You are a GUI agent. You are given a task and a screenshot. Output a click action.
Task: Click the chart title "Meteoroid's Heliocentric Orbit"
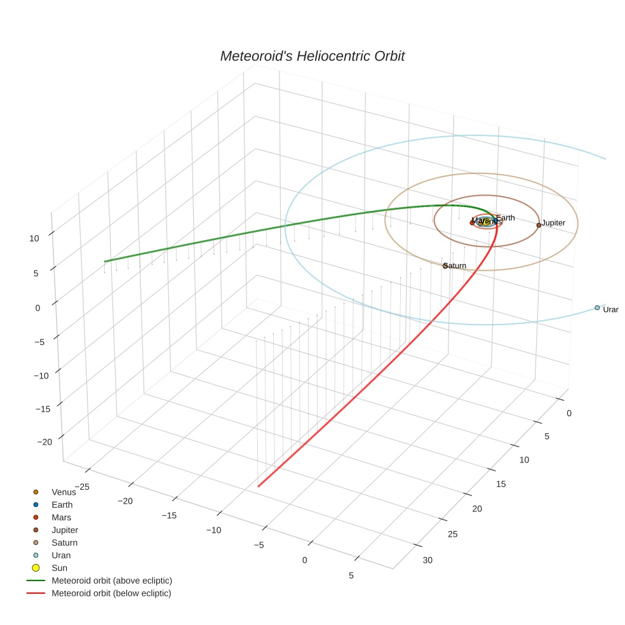[x=312, y=56]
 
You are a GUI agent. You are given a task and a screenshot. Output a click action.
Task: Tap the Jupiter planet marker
[x=539, y=225]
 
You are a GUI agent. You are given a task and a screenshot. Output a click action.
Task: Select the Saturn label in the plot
[x=455, y=265]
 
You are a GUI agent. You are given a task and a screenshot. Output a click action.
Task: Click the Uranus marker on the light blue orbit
[x=597, y=307]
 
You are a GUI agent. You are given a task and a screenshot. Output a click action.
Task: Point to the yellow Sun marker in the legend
[x=36, y=568]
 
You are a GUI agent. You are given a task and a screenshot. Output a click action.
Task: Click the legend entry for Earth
[x=62, y=504]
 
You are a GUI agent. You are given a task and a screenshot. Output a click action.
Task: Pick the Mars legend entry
[x=62, y=517]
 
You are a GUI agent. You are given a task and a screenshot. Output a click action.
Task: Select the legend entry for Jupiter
[x=65, y=530]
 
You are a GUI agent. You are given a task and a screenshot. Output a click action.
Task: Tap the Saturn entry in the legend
[x=64, y=542]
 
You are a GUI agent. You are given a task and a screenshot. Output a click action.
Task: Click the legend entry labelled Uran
[x=61, y=555]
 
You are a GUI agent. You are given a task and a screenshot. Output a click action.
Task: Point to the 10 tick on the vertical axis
[x=34, y=238]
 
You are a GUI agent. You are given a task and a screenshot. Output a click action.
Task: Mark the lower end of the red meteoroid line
[x=259, y=487]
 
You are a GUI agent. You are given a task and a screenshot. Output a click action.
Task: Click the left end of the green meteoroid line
[x=105, y=261]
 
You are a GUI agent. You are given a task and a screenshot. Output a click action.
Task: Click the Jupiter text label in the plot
[x=553, y=223]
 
